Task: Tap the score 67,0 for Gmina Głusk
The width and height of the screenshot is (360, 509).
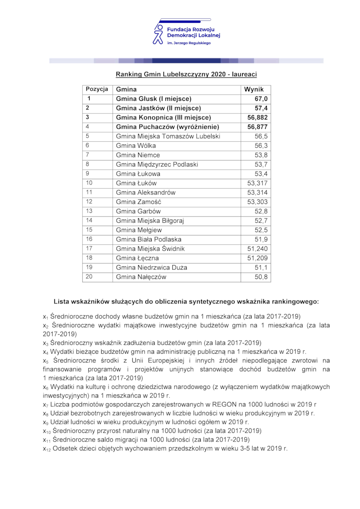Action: point(261,99)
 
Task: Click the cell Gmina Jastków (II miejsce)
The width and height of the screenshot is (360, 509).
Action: point(158,108)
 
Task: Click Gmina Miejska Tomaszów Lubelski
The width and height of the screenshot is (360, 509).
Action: point(168,136)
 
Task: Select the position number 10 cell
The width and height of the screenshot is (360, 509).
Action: point(89,183)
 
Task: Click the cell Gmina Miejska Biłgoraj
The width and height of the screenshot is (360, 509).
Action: point(150,221)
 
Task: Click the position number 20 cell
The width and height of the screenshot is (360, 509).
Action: point(89,277)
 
